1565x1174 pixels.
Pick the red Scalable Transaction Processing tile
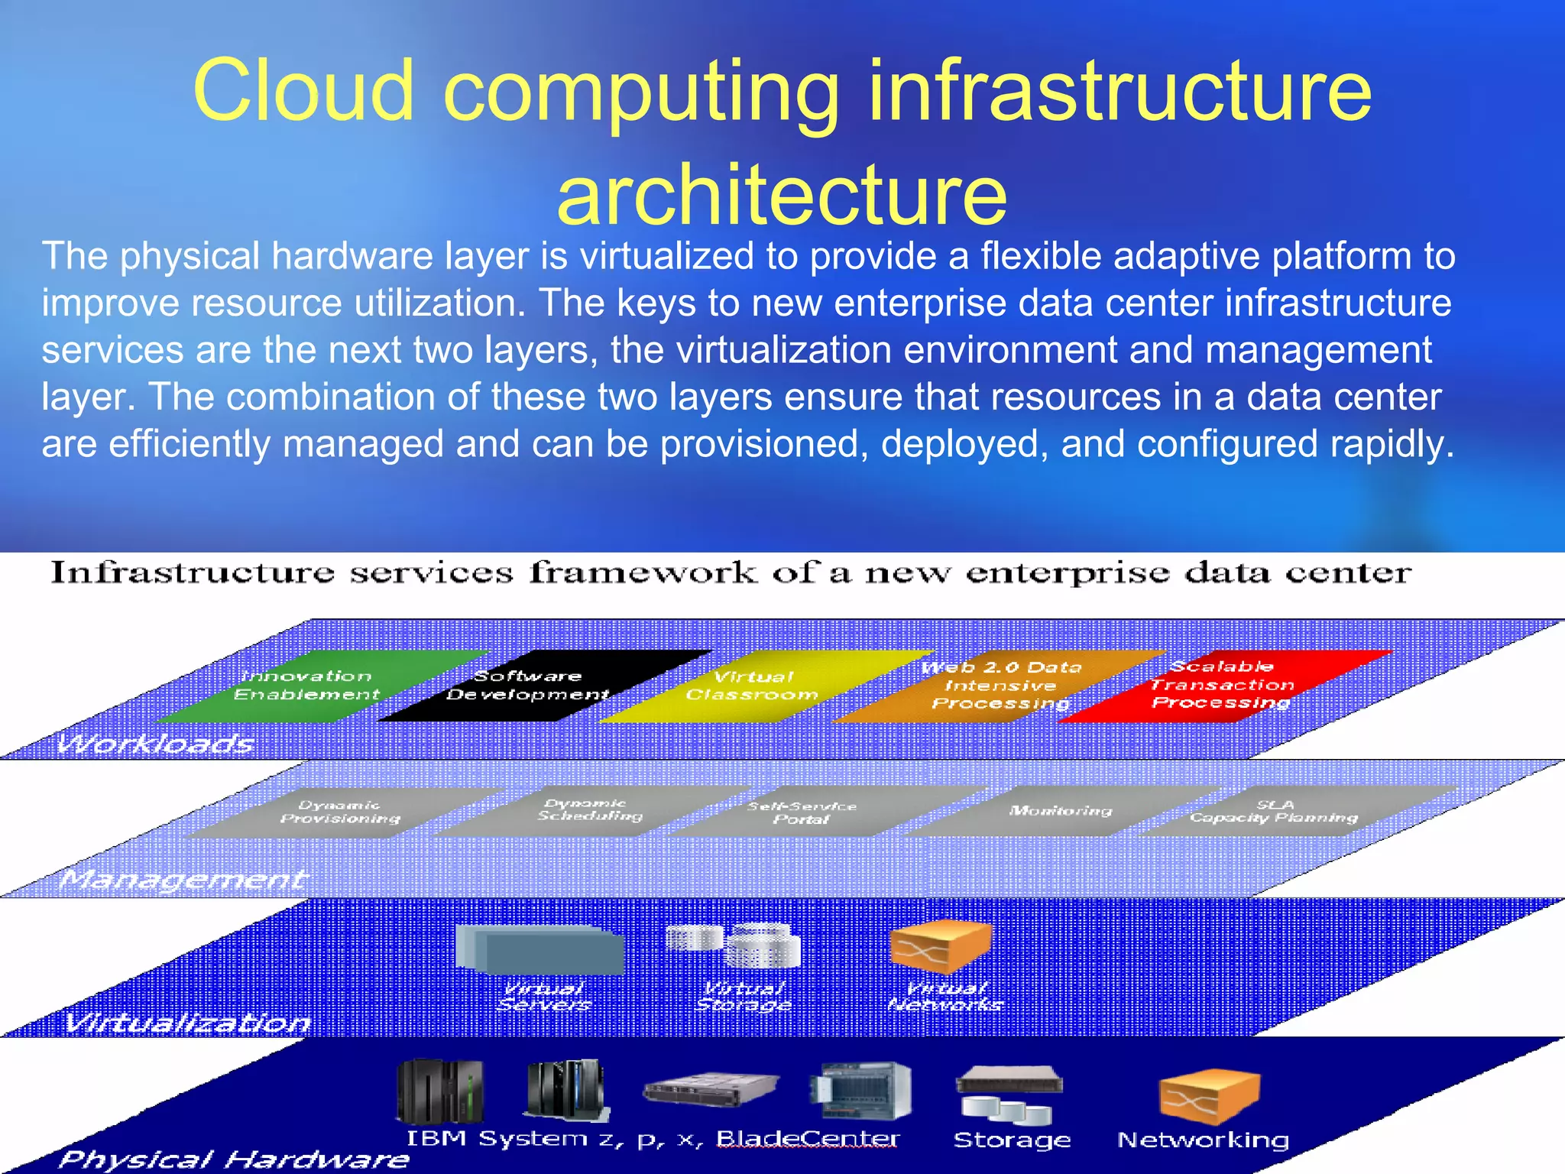(x=1223, y=685)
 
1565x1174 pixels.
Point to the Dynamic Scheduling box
(x=588, y=810)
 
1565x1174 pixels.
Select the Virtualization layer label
(x=187, y=1022)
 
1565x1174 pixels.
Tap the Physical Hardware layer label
(x=234, y=1159)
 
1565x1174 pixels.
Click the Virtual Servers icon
(x=539, y=950)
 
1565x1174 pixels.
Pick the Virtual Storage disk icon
(x=734, y=945)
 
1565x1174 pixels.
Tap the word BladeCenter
(x=808, y=1139)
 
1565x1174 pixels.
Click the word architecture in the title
(x=782, y=195)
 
